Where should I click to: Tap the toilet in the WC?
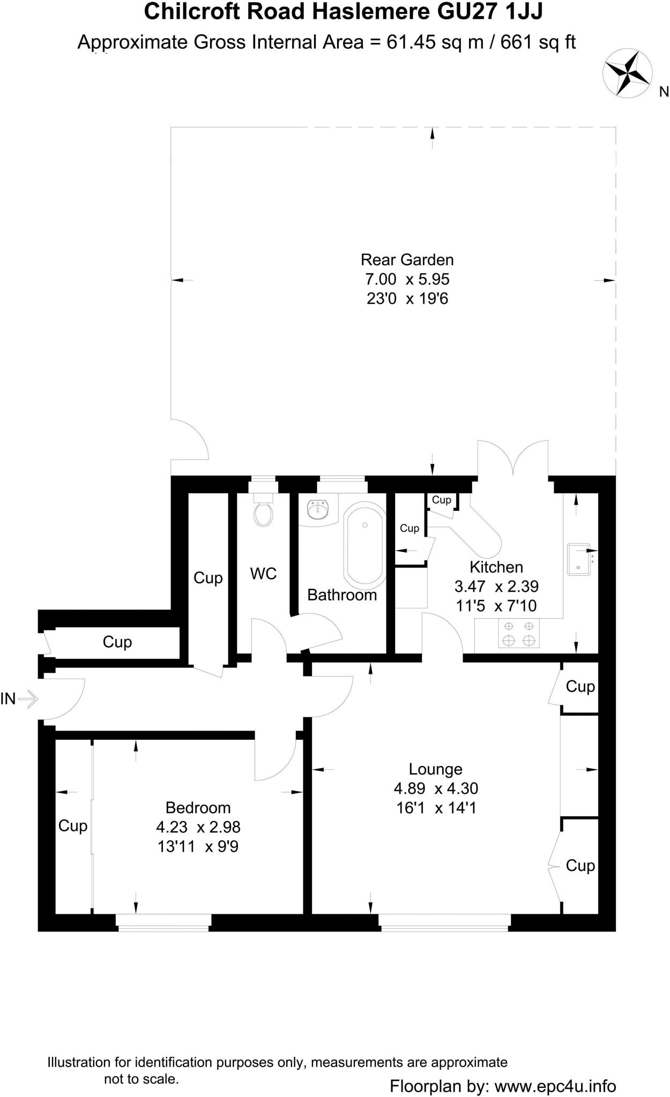tap(263, 513)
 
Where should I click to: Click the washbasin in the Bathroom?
tap(318, 509)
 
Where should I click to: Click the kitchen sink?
tap(579, 559)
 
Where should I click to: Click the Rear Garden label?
tap(407, 260)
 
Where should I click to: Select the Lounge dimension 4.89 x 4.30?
tap(435, 788)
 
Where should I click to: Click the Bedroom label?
tap(198, 807)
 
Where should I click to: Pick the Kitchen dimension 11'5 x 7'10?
tap(496, 606)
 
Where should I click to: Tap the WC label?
tap(263, 574)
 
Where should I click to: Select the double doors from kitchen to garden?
tap(513, 457)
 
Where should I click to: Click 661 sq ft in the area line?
tap(538, 42)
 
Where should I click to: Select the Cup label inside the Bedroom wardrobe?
tap(73, 825)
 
